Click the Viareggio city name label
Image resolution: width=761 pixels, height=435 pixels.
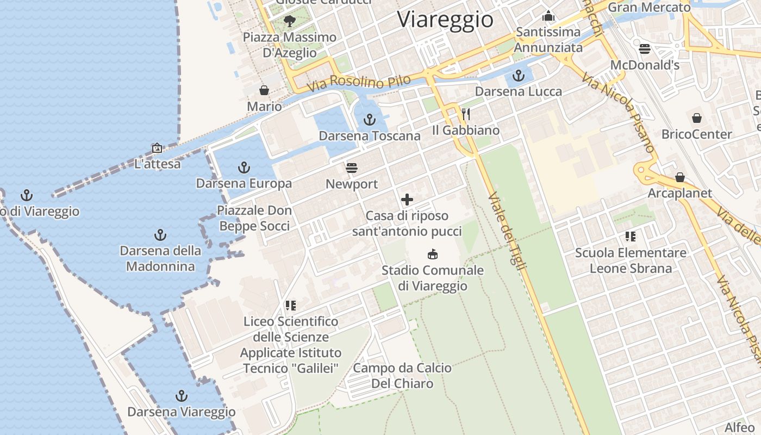445,20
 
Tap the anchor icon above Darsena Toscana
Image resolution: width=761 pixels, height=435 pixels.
370,119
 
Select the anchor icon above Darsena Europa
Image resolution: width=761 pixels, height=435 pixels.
244,167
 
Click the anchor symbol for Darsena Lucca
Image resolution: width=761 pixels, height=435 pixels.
519,75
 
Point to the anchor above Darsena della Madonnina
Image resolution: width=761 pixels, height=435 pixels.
160,235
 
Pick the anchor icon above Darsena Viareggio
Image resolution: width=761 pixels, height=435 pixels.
182,395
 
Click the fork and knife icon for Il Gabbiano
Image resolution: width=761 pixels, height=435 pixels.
465,114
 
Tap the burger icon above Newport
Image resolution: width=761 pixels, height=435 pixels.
352,167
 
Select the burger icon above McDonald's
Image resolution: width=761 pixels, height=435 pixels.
645,49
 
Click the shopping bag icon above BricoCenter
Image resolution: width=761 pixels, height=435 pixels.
696,118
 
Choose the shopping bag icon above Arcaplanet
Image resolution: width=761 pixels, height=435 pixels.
679,177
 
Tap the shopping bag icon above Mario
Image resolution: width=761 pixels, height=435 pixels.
264,90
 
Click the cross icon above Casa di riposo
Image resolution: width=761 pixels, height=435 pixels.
407,200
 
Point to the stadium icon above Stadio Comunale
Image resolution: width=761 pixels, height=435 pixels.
433,254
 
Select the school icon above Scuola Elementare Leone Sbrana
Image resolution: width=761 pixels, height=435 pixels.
631,237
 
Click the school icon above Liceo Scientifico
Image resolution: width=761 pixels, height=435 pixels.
291,306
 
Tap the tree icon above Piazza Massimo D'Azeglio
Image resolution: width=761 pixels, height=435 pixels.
289,21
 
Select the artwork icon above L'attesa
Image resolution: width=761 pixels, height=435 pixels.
157,148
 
